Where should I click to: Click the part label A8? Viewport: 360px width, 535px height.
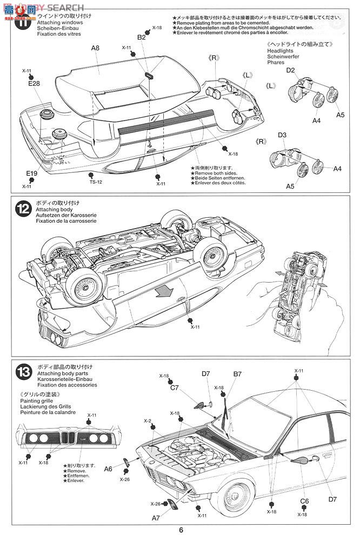[95, 48]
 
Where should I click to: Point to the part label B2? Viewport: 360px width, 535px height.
[141, 37]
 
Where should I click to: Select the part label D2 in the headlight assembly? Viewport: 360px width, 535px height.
[290, 70]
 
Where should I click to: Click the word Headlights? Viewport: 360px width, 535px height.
[280, 50]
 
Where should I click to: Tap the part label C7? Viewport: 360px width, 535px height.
[175, 387]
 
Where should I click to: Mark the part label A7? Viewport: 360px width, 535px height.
[156, 518]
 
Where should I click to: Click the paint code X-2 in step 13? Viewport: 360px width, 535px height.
[147, 420]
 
